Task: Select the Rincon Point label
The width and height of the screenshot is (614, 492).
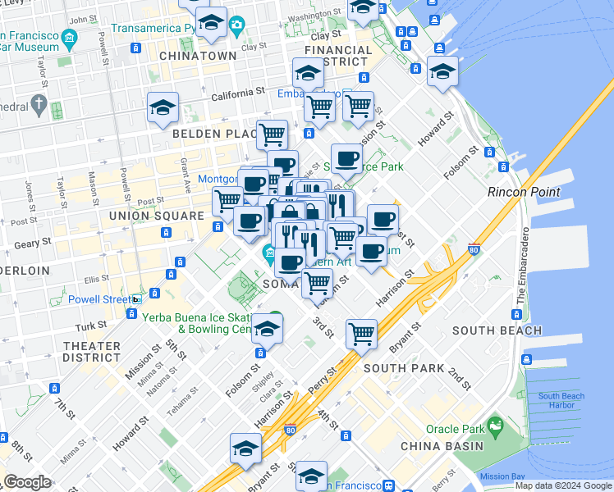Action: click(524, 192)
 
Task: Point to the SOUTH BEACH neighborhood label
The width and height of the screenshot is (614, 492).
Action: click(497, 330)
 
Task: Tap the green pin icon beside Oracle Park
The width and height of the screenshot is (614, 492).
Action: click(494, 426)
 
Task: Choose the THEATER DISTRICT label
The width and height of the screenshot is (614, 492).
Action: click(91, 352)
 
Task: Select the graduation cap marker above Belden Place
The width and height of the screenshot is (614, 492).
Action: click(163, 107)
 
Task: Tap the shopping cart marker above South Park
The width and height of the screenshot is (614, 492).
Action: click(361, 333)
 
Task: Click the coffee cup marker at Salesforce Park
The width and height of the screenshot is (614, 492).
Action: click(346, 157)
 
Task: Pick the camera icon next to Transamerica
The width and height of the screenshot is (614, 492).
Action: click(237, 25)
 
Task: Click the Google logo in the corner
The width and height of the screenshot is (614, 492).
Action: click(27, 482)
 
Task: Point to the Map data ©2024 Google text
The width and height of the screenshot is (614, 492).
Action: click(563, 485)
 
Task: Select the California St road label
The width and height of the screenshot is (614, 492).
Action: click(239, 95)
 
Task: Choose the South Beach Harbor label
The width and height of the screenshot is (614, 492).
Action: click(561, 401)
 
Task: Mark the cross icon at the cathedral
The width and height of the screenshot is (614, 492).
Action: click(38, 104)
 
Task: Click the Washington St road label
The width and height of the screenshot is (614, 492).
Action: click(314, 16)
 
